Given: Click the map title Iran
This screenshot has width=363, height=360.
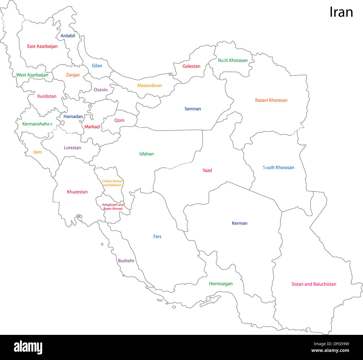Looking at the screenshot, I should pyautogui.click(x=341, y=12).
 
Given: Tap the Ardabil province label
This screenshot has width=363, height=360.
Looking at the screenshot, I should pyautogui.click(x=68, y=36).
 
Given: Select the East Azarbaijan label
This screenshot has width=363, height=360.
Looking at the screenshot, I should pyautogui.click(x=42, y=46).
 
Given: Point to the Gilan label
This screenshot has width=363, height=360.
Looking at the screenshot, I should pyautogui.click(x=97, y=66).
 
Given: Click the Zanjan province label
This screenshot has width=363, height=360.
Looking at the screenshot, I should pyautogui.click(x=73, y=75).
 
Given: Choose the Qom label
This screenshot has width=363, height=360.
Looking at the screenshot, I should pyautogui.click(x=119, y=120).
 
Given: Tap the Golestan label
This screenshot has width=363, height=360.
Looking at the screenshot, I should pyautogui.click(x=191, y=66).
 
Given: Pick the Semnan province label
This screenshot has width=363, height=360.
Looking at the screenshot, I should pyautogui.click(x=193, y=109).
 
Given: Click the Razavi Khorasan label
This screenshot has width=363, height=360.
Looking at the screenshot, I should pyautogui.click(x=271, y=100).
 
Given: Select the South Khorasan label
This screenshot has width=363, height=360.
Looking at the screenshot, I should pyautogui.click(x=278, y=167).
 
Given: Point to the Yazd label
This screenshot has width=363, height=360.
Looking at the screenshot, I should pyautogui.click(x=207, y=170).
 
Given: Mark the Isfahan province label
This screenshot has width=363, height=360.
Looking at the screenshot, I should pyautogui.click(x=146, y=154).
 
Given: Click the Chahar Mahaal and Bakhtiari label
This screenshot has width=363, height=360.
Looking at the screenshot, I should pyautogui.click(x=112, y=183).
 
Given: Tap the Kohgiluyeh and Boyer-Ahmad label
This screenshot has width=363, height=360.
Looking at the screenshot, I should pyautogui.click(x=113, y=207).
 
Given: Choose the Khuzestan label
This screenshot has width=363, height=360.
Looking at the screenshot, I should pyautogui.click(x=77, y=192).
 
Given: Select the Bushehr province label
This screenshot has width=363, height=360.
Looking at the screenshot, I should pyautogui.click(x=126, y=261).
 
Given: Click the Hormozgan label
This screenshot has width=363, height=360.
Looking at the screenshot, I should pyautogui.click(x=221, y=284).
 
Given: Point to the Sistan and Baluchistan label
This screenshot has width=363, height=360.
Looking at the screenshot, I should pyautogui.click(x=314, y=284).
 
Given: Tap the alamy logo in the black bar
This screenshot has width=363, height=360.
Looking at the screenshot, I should pyautogui.click(x=28, y=347).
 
